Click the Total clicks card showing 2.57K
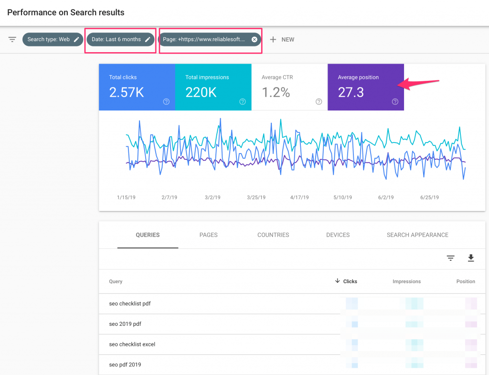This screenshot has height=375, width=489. pos(137,87)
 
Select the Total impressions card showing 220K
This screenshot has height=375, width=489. pos(213,87)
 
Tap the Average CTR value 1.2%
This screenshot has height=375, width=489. pos(276,92)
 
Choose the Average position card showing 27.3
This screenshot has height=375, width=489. pos(365,87)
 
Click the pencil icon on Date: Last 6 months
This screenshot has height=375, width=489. pos(148,39)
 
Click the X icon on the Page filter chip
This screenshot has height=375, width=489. pos(255,39)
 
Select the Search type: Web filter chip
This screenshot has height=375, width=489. pos(52,39)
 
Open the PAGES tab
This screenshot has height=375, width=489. pos(208,235)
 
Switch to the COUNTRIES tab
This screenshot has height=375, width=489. pos(273,235)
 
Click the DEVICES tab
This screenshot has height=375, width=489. pos(338,235)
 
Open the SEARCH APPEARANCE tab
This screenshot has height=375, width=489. pos(417,235)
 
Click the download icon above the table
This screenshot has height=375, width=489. pos(471,258)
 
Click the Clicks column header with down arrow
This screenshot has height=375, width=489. pos(347,281)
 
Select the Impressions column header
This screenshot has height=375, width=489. pos(406,281)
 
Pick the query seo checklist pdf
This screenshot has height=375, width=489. pos(130,304)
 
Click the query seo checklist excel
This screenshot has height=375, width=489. pos(132,344)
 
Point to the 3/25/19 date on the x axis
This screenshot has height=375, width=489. pos(256,197)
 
